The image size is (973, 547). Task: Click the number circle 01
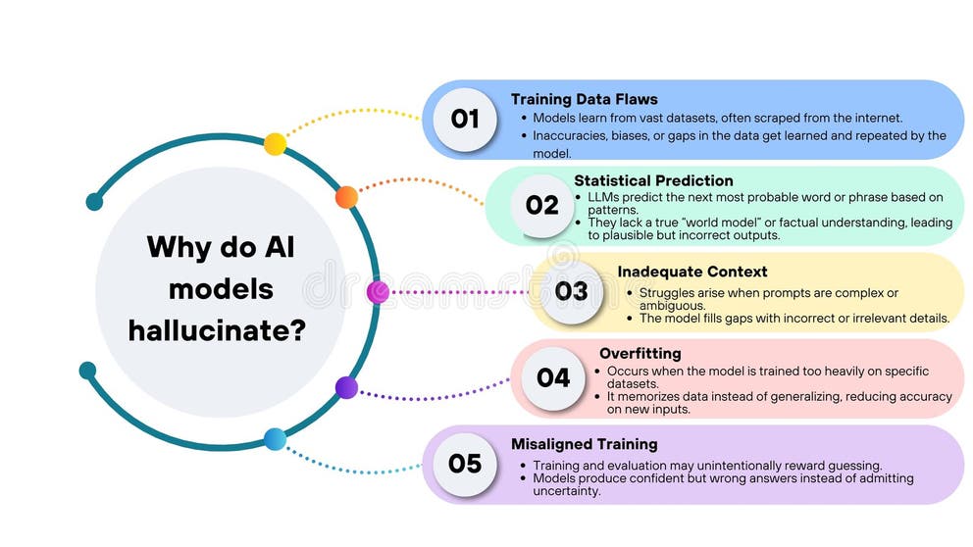click(x=464, y=120)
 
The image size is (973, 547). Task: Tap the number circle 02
click(x=541, y=206)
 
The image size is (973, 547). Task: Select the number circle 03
click(x=571, y=291)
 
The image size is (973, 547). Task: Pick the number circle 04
click(x=553, y=377)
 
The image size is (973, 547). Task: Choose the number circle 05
click(x=464, y=463)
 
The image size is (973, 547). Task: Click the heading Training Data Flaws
click(x=584, y=99)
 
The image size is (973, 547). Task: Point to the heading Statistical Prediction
click(x=653, y=180)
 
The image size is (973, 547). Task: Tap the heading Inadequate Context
click(x=691, y=272)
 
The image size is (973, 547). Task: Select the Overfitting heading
click(x=640, y=353)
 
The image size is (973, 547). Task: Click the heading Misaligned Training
click(x=584, y=444)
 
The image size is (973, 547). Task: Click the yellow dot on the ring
click(x=276, y=144)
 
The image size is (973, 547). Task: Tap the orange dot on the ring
click(x=346, y=197)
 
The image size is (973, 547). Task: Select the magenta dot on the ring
click(x=378, y=292)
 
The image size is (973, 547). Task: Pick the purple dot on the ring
click(x=346, y=387)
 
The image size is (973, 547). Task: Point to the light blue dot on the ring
click(x=276, y=439)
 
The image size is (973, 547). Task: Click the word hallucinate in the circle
click(x=218, y=330)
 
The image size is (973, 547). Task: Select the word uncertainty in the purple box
click(x=565, y=491)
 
